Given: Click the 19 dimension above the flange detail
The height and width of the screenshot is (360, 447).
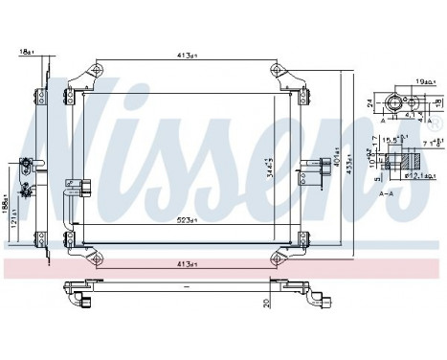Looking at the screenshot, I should point(425,82).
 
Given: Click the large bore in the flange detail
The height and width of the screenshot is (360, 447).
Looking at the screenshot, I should point(394,101).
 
